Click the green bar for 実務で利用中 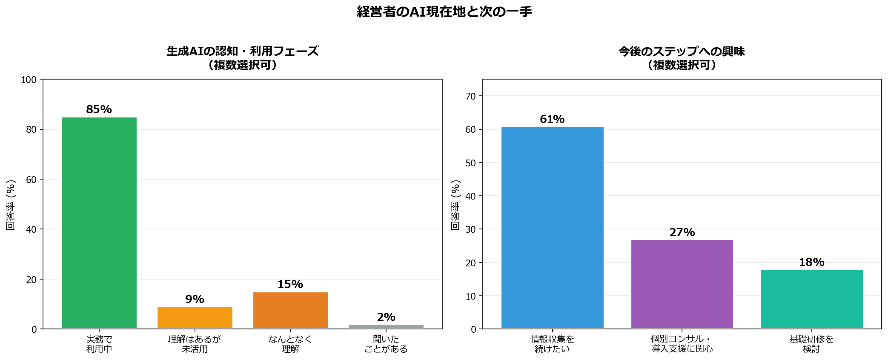point(99,223)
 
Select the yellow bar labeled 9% point(195,317)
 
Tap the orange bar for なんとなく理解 point(290,310)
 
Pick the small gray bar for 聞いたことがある point(386,326)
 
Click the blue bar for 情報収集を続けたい point(552,227)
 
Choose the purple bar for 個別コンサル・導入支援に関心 point(682,284)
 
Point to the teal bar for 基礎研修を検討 point(812,299)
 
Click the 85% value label point(99,109)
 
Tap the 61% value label point(552,119)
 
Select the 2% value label point(386,317)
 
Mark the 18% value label point(812,262)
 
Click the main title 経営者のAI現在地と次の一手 point(444,11)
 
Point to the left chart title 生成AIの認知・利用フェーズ point(243,51)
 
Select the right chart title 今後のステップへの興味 point(682,51)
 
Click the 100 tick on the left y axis point(29,80)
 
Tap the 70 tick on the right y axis point(471,96)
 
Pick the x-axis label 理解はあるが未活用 point(195,344)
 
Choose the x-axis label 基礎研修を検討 point(812,344)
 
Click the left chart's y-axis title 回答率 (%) point(11,205)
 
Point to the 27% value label point(682,232)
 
